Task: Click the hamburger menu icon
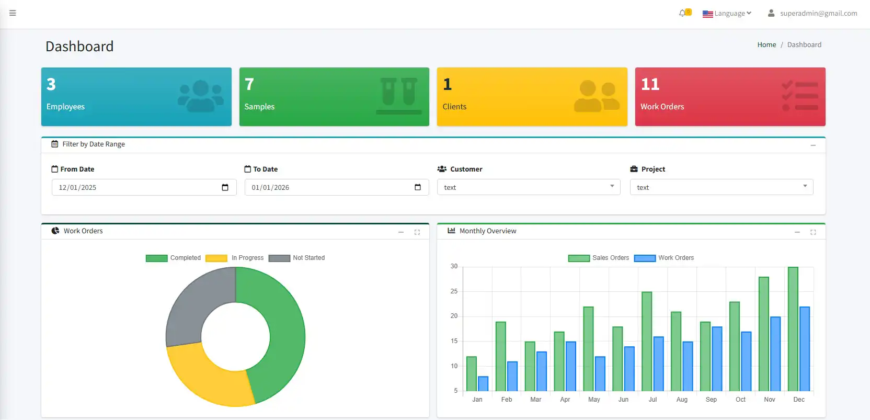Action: pyautogui.click(x=13, y=13)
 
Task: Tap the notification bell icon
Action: pyautogui.click(x=682, y=13)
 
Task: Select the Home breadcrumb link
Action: pyautogui.click(x=766, y=45)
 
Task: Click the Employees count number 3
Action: pyautogui.click(x=51, y=84)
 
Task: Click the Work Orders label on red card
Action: pyautogui.click(x=662, y=107)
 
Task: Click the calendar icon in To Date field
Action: pyautogui.click(x=418, y=187)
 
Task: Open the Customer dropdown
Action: pyautogui.click(x=528, y=187)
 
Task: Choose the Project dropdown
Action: pyautogui.click(x=721, y=187)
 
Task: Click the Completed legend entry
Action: pyautogui.click(x=173, y=258)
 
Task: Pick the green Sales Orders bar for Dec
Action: pyautogui.click(x=793, y=330)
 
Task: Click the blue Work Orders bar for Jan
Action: pyautogui.click(x=483, y=384)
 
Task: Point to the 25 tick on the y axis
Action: pyautogui.click(x=454, y=291)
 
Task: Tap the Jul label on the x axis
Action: pyautogui.click(x=652, y=400)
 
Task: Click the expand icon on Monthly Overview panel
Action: pyautogui.click(x=813, y=232)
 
